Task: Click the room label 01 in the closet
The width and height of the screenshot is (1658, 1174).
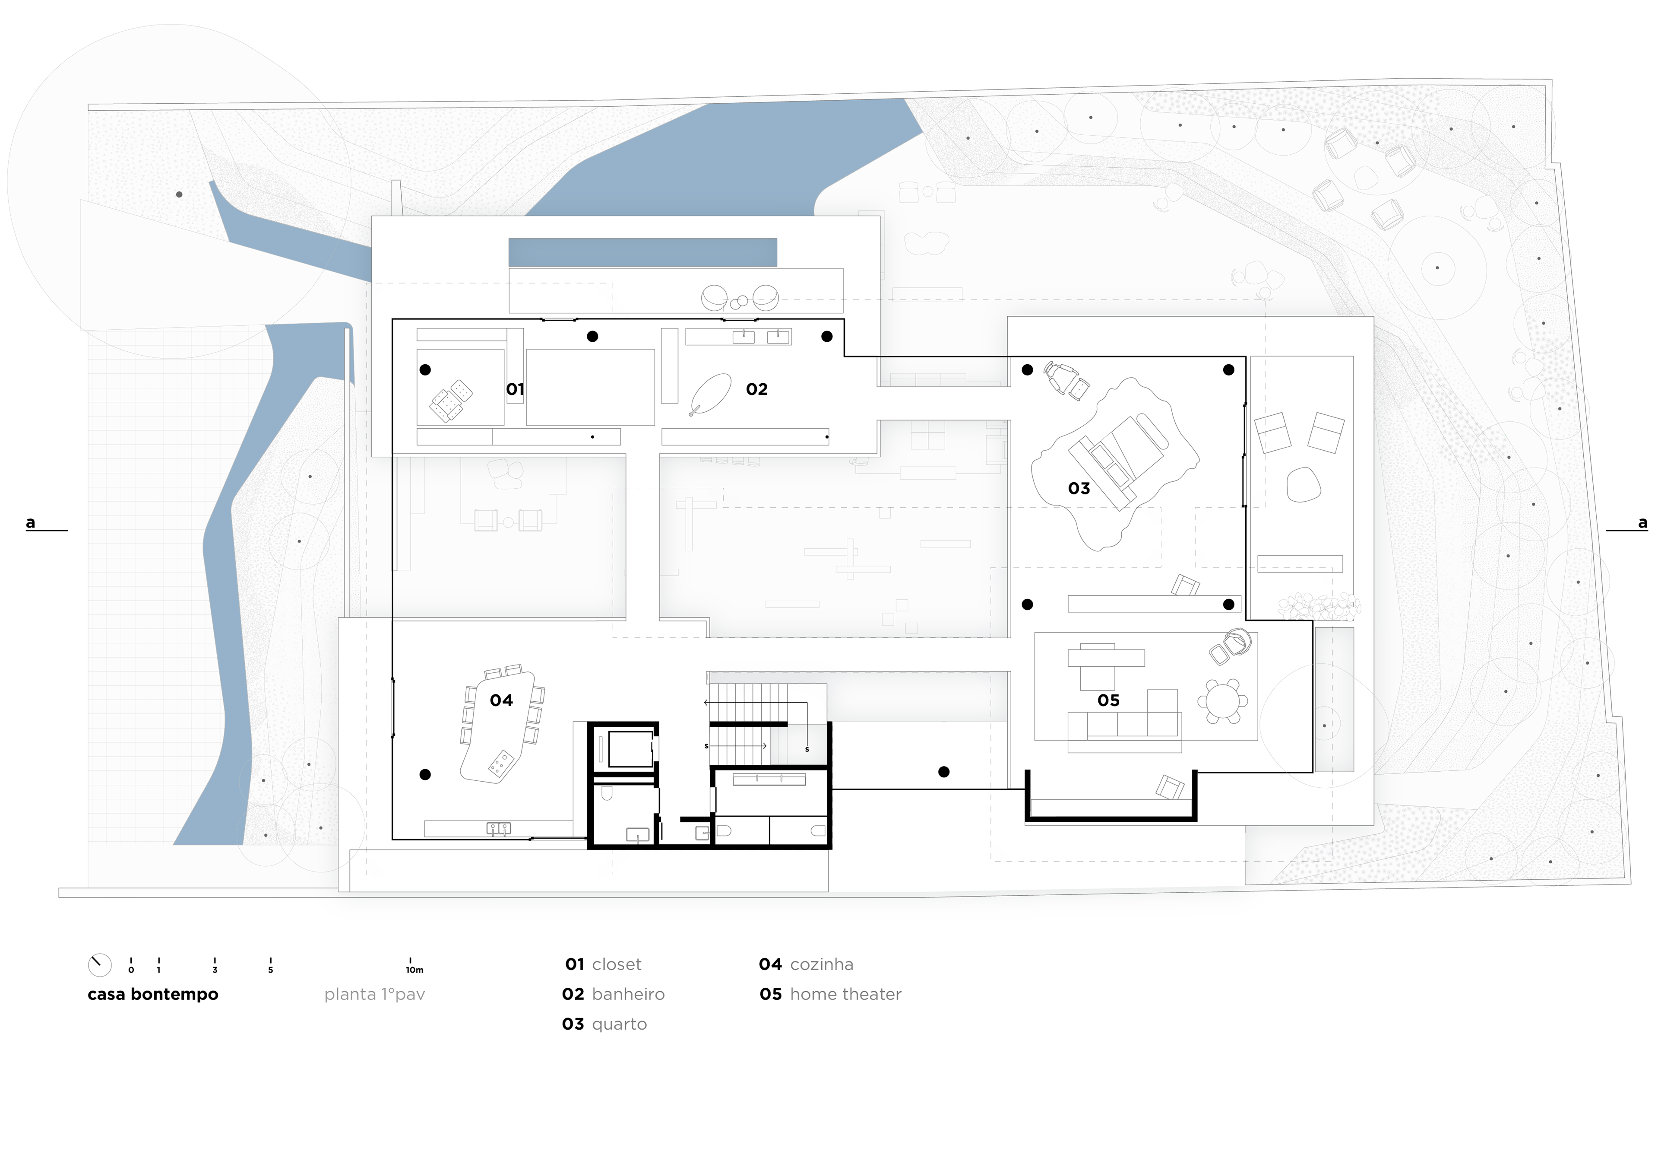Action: pos(515,390)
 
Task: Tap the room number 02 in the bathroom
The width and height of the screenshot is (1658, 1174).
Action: pos(756,390)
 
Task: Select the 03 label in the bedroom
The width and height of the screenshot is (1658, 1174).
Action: pos(1079,489)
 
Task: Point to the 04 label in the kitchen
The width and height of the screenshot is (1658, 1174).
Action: pos(501,700)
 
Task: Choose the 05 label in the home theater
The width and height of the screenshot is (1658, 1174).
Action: pos(1108,700)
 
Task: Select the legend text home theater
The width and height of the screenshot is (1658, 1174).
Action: pos(845,995)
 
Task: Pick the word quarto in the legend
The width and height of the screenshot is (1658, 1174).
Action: pos(619,1025)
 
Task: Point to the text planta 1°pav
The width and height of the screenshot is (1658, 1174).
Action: pos(374,995)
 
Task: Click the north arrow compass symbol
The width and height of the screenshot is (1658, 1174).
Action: pos(100,965)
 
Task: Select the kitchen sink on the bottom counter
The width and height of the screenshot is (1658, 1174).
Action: pos(499,828)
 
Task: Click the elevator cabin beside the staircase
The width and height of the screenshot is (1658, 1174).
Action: pos(631,749)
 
